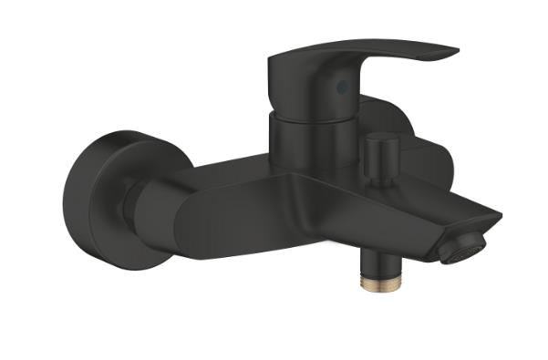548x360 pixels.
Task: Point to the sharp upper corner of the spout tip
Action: [x=501, y=217]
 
